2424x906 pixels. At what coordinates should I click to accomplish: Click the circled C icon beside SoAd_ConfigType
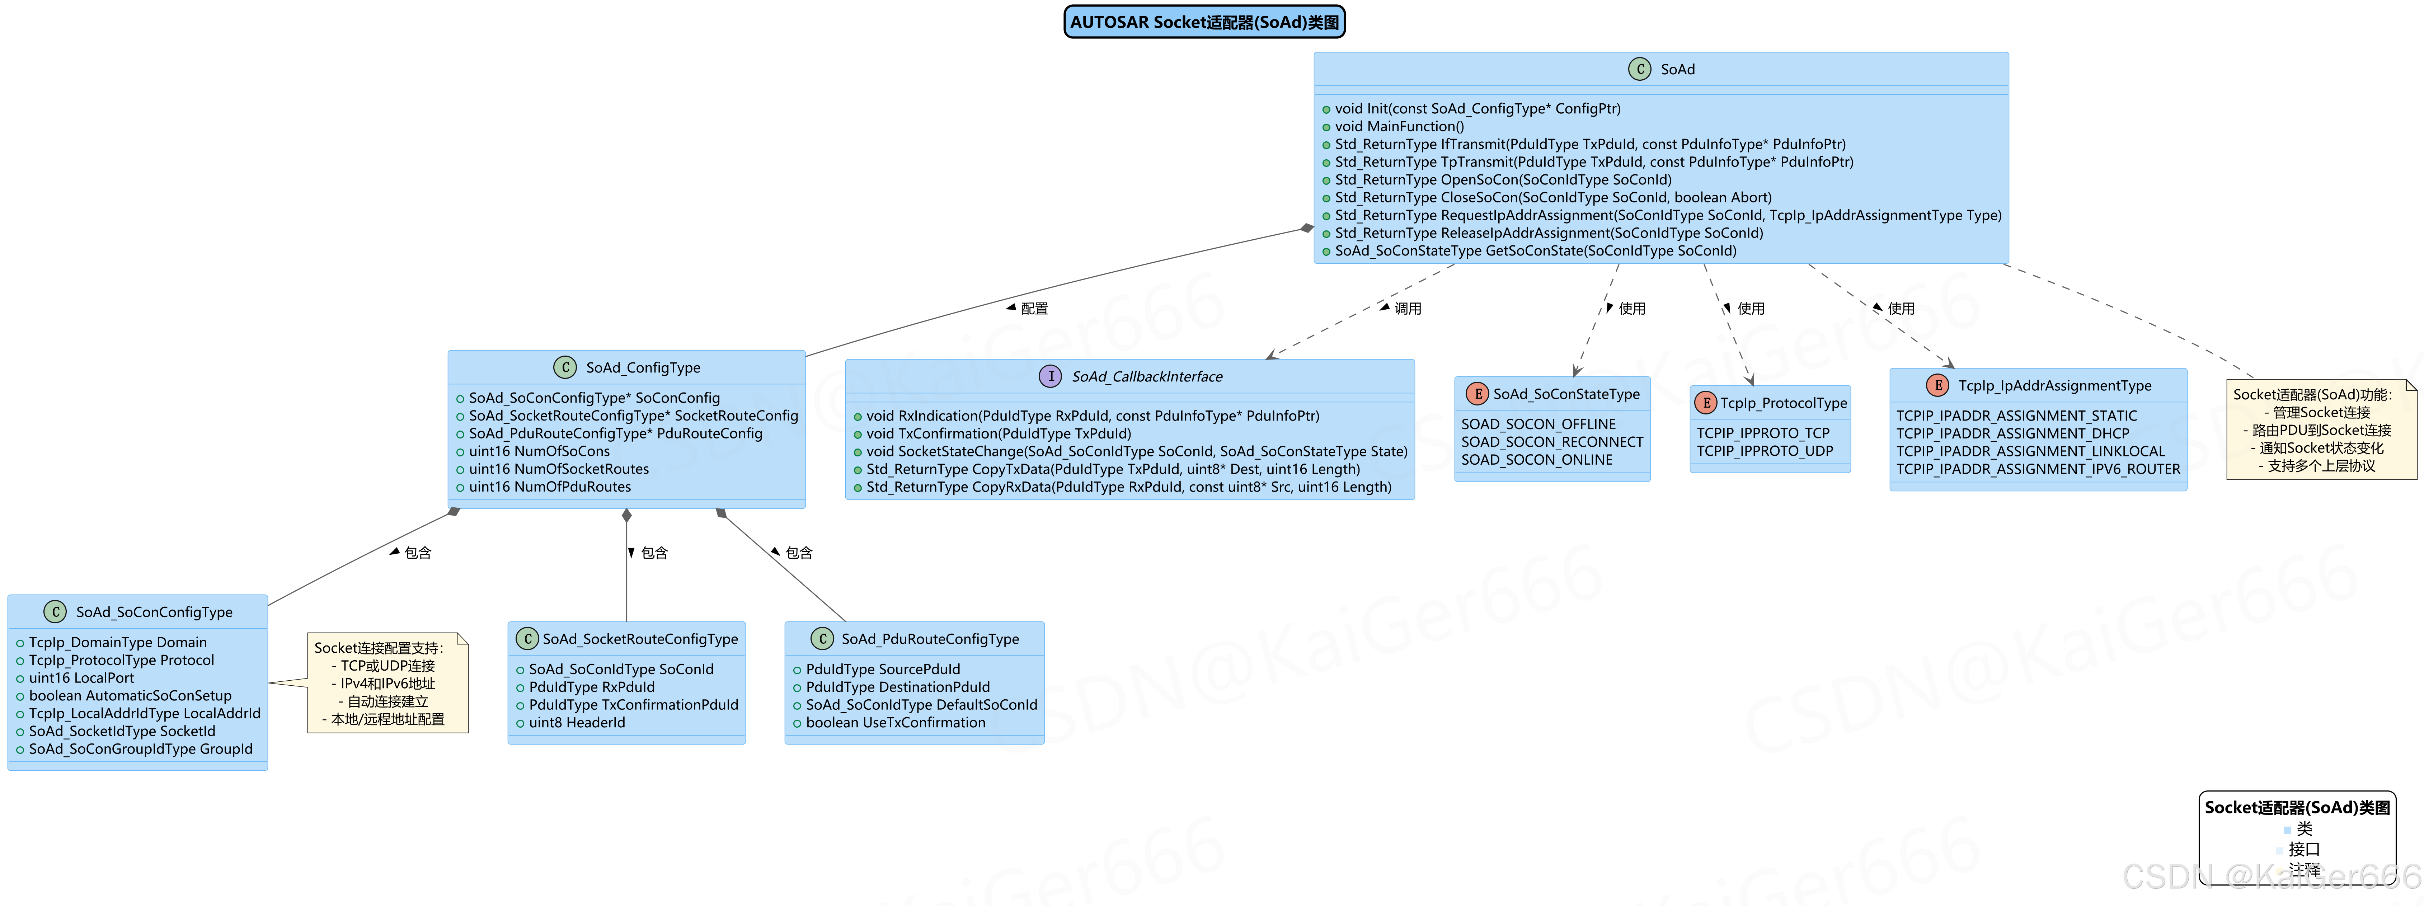(x=565, y=367)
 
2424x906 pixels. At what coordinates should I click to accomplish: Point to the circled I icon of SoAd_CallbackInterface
(x=1050, y=376)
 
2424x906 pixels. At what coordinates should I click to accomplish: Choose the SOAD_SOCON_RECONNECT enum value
(x=1552, y=442)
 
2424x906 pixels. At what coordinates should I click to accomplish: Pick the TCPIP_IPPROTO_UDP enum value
(x=1765, y=451)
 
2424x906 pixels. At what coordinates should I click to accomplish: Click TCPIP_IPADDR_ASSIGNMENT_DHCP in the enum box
(x=2012, y=434)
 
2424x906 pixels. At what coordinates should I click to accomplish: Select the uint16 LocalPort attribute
(x=81, y=677)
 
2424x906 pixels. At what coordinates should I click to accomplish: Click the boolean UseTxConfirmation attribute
(x=895, y=723)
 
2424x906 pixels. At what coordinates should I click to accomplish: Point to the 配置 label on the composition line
(x=1033, y=309)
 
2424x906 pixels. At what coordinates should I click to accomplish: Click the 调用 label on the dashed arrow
(x=1407, y=309)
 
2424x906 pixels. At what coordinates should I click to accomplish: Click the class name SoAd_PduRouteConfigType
(x=930, y=639)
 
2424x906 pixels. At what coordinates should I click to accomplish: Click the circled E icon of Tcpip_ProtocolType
(x=1705, y=403)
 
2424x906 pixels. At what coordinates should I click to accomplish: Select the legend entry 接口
(x=2303, y=849)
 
